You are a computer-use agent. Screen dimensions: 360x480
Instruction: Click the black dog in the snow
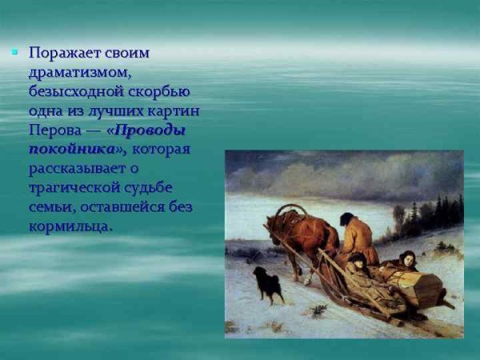tap(267, 282)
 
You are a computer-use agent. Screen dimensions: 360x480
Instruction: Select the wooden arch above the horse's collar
tap(294, 210)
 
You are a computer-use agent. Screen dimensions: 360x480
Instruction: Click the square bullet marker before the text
tap(14, 52)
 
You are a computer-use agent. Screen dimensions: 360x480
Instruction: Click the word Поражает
tap(67, 54)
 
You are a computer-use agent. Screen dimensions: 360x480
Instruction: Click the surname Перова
tap(54, 129)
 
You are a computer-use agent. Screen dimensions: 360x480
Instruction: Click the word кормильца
tap(70, 226)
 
